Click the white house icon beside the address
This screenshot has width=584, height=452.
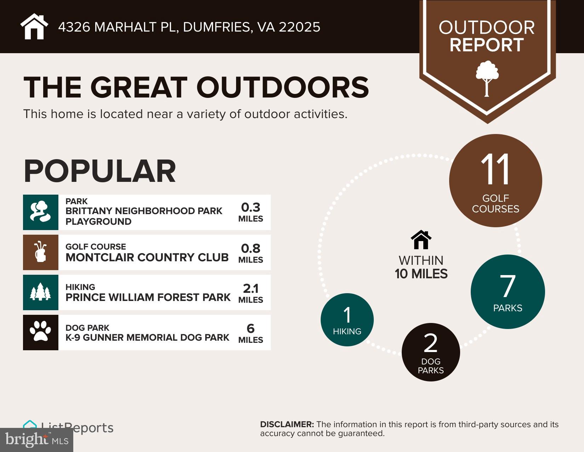[x=34, y=27]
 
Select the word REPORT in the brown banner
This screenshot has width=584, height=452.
[x=487, y=45]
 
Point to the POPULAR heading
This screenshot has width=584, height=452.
[x=100, y=171]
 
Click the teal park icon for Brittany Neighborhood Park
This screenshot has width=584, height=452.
[x=41, y=212]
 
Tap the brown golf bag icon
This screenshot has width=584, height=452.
[x=41, y=252]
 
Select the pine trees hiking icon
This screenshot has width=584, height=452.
[x=41, y=292]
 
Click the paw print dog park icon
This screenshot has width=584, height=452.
[x=41, y=332]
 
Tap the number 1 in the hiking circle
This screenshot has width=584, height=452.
[x=347, y=315]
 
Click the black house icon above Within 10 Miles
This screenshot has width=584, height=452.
[x=421, y=240]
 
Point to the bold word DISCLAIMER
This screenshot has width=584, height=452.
[x=287, y=424]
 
